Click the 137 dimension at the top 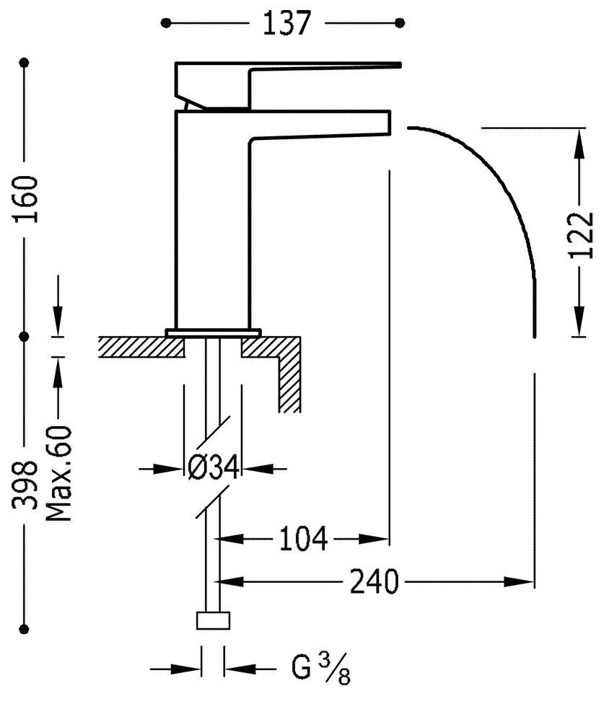tap(286, 23)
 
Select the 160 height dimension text tap(25, 199)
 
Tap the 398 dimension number tap(25, 485)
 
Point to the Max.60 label tap(59, 474)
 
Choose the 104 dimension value tap(303, 539)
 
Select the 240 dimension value tap(374, 582)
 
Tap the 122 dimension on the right tap(582, 235)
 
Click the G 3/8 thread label tap(320, 669)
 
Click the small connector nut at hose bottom tap(214, 620)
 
